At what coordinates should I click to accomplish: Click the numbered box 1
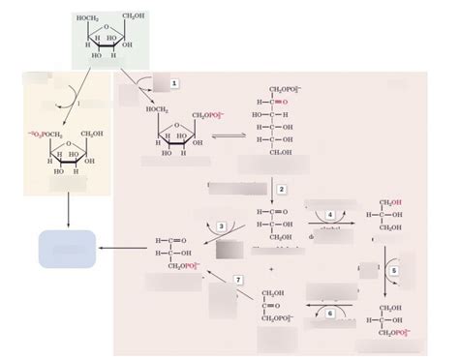[174, 84]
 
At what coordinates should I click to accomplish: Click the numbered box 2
[281, 190]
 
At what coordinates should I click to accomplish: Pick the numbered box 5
[395, 271]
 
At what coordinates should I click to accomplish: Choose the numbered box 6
[329, 313]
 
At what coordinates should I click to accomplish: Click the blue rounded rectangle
[67, 249]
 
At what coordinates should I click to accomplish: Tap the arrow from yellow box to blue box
[67, 211]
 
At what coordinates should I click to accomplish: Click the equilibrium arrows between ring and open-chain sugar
[229, 135]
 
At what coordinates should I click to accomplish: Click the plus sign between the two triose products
[272, 268]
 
